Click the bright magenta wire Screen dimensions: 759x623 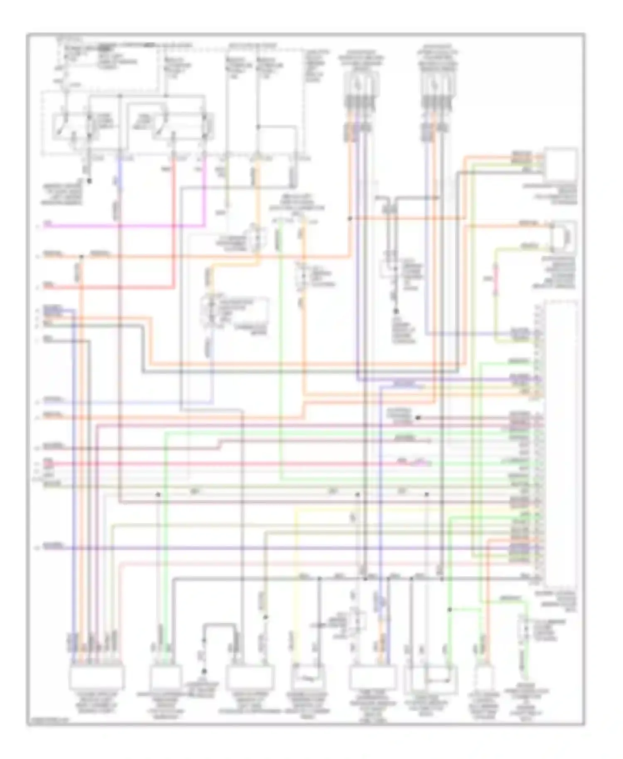125,226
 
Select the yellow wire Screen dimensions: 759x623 295,581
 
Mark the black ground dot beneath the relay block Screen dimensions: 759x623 88,181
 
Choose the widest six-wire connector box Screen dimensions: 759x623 97,678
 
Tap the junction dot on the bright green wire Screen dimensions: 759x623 449,610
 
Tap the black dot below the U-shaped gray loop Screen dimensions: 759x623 204,671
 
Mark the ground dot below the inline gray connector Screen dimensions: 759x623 396,311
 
